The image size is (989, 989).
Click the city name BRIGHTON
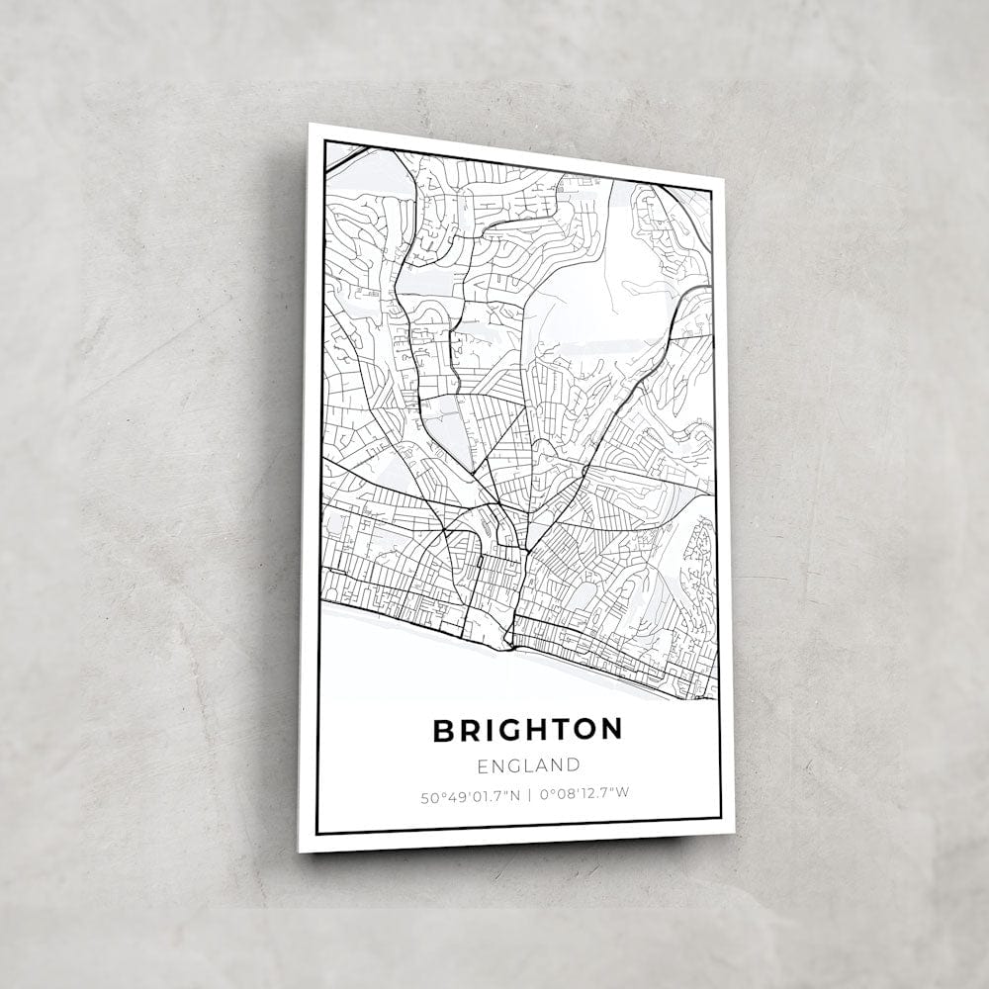pos(527,730)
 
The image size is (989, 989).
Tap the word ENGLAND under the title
pos(528,764)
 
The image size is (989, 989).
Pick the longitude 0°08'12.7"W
pos(584,793)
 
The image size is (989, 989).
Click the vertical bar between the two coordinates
pos(529,794)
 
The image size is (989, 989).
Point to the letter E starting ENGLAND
pos(483,765)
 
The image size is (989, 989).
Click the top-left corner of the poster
pos(310,125)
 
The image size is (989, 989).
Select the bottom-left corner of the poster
pos(300,851)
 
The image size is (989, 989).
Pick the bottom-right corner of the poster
pos(733,832)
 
